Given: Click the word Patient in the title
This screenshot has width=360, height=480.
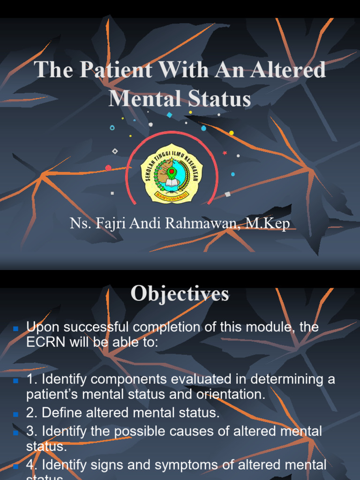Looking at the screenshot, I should [116, 71].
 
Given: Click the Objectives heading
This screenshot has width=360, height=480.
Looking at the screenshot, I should [180, 294].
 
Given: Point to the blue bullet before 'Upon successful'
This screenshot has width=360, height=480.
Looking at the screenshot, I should [16, 328].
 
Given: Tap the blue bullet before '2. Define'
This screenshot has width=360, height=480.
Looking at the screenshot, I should [16, 414].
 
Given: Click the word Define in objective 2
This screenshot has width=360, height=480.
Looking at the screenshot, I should [64, 413].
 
